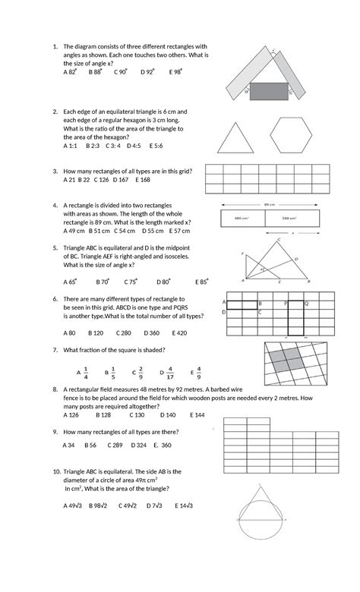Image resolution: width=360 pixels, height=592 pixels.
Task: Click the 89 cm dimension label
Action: (269, 204)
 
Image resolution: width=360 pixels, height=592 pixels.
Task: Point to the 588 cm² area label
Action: (289, 219)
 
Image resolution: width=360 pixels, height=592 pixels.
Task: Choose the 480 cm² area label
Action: (243, 219)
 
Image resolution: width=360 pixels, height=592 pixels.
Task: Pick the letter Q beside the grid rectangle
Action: (305, 302)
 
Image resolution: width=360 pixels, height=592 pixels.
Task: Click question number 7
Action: (55, 350)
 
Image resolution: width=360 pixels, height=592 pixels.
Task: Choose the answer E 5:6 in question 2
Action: (158, 145)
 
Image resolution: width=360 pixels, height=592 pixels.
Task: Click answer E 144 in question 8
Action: (196, 415)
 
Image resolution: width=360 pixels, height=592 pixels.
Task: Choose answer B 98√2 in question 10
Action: (98, 505)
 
